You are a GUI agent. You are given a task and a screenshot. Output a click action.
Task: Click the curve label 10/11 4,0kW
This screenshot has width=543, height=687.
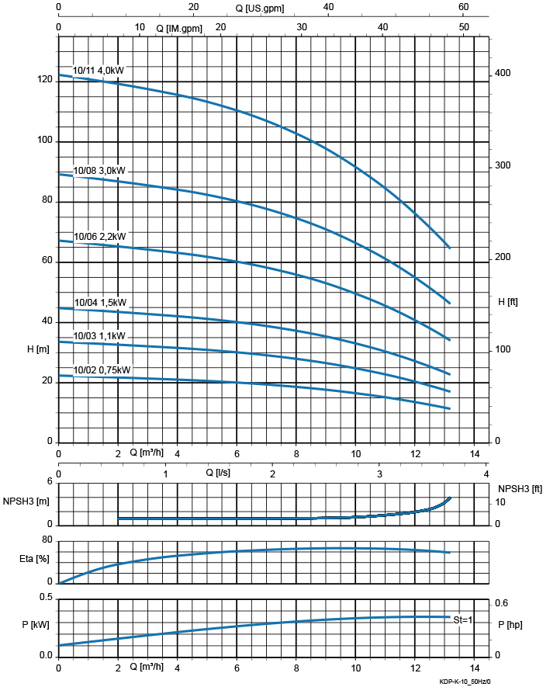pyautogui.click(x=98, y=70)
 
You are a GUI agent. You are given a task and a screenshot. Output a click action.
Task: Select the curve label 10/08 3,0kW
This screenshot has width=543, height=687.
pyautogui.click(x=99, y=170)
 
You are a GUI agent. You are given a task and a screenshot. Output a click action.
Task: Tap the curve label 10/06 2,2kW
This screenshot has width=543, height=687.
pyautogui.click(x=99, y=236)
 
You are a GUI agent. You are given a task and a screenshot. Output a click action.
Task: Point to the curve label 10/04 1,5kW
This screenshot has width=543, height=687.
pyautogui.click(x=99, y=303)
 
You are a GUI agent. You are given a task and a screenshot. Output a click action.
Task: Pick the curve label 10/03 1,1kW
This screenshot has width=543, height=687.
pyautogui.click(x=99, y=336)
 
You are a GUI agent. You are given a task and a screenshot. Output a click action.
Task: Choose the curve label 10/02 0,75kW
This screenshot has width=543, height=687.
pyautogui.click(x=102, y=370)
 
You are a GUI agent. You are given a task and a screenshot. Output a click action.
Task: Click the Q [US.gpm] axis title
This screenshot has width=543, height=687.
pyautogui.click(x=261, y=8)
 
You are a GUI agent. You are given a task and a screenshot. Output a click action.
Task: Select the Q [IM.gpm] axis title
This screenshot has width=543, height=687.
pyautogui.click(x=180, y=27)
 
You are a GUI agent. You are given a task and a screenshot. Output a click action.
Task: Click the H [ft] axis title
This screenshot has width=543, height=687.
pyautogui.click(x=508, y=301)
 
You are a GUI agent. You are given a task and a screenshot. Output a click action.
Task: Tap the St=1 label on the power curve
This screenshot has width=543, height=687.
pyautogui.click(x=463, y=619)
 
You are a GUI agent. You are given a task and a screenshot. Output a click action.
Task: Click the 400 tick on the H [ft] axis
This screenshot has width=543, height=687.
pyautogui.click(x=503, y=73)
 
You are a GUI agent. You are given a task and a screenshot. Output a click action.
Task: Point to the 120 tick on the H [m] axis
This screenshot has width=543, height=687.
pyautogui.click(x=43, y=80)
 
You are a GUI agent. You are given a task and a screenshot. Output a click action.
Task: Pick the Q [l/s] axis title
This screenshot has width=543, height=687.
pyautogui.click(x=218, y=472)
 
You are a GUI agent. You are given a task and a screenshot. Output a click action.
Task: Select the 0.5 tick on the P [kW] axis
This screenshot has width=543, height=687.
pyautogui.click(x=46, y=597)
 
